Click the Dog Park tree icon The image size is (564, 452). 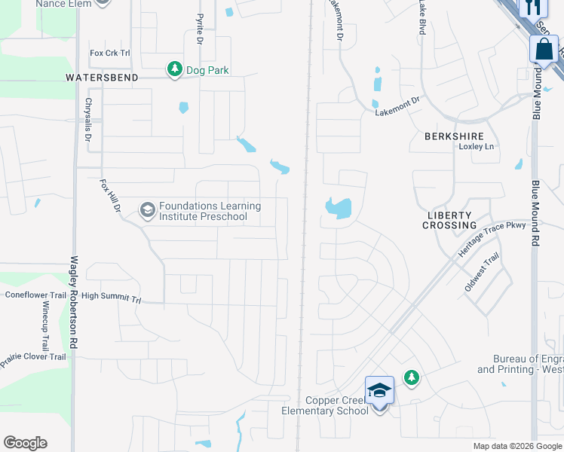click(174, 70)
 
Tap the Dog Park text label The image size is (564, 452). click(207, 70)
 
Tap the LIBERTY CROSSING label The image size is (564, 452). click(451, 220)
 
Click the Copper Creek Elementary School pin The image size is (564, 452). click(379, 392)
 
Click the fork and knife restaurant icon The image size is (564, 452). click(533, 8)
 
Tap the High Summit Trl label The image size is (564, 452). click(112, 298)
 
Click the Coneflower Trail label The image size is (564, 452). click(36, 295)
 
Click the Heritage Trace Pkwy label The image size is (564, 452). click(491, 240)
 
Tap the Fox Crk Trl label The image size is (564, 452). click(110, 53)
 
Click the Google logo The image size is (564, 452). click(25, 443)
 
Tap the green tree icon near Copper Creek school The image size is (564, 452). click(411, 377)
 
